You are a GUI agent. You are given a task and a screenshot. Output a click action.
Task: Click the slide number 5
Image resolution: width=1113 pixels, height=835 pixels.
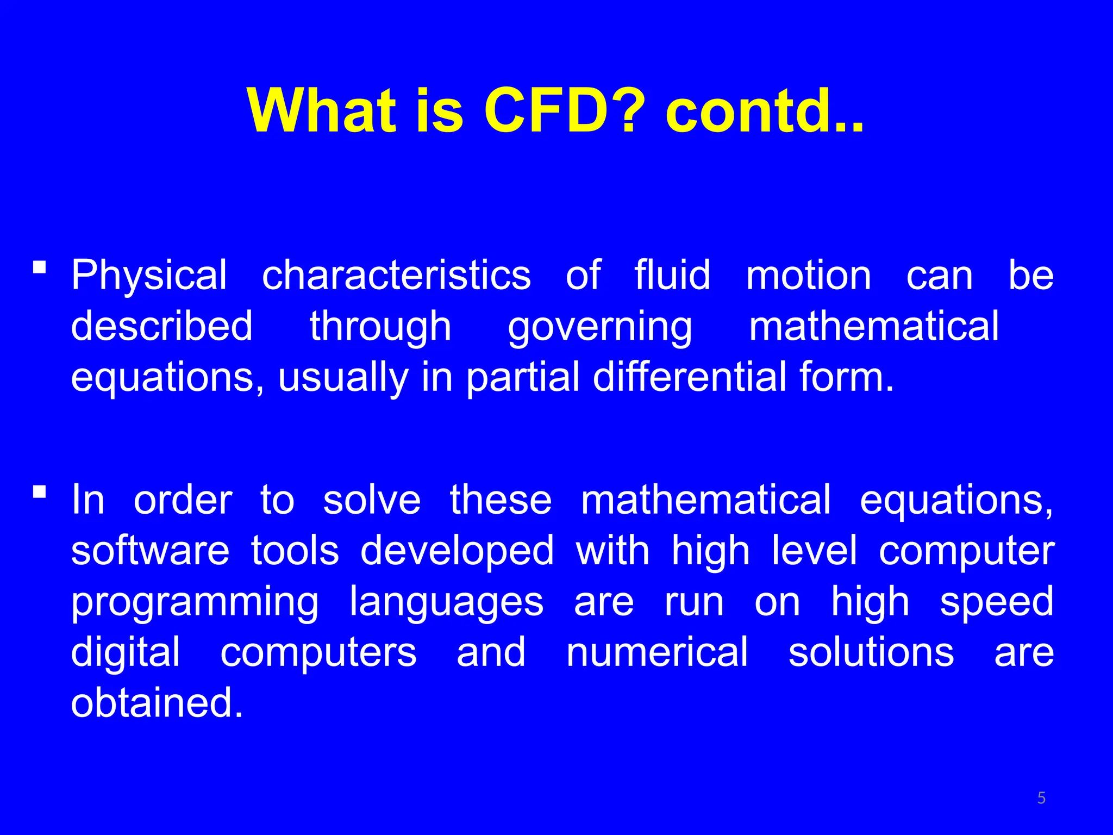pyautogui.click(x=1041, y=798)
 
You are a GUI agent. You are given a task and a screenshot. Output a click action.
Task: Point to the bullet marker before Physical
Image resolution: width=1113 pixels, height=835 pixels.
pyautogui.click(x=39, y=267)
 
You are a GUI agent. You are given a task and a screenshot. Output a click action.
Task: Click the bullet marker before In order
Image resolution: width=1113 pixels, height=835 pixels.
pyautogui.click(x=39, y=492)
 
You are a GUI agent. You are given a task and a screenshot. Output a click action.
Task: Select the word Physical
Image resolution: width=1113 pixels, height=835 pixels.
pyautogui.click(x=149, y=276)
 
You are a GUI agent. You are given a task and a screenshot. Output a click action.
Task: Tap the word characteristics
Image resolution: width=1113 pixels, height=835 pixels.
pyautogui.click(x=396, y=275)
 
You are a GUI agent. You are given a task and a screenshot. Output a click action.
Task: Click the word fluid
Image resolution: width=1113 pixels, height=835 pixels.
pyautogui.click(x=673, y=275)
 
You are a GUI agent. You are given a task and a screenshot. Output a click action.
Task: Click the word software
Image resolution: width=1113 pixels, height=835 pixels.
pyautogui.click(x=151, y=551)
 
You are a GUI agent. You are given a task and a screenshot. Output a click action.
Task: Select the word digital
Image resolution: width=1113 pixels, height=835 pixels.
pyautogui.click(x=126, y=653)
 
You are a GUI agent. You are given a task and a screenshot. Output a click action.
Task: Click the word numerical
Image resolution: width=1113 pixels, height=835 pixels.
pyautogui.click(x=657, y=653)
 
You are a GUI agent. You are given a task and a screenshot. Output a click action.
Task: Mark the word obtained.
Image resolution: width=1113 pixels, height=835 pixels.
pyautogui.click(x=157, y=703)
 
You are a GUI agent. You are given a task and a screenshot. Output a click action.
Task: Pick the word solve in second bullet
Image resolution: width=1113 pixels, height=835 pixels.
pyautogui.click(x=372, y=500)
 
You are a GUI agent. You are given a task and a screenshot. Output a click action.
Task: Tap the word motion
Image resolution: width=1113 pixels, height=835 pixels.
pyautogui.click(x=808, y=275)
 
